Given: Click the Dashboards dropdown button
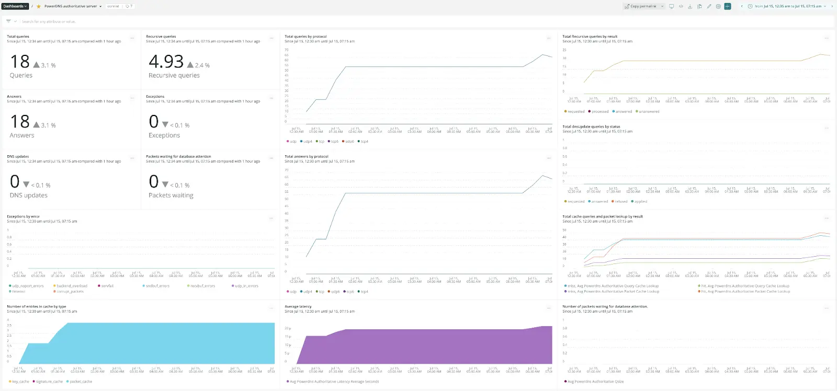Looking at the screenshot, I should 15,6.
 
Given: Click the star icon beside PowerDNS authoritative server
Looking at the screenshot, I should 39,6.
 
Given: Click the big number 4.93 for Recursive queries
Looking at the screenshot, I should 166,62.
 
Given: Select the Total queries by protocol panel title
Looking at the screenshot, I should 306,37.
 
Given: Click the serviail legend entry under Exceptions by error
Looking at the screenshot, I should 107,286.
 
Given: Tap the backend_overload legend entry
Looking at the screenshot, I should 72,286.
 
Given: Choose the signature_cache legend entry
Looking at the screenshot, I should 49,382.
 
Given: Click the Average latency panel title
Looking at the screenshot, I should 298,306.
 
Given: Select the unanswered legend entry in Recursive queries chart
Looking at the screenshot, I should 649,111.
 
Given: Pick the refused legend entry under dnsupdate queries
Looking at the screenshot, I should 621,201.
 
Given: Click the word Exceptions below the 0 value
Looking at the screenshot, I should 164,135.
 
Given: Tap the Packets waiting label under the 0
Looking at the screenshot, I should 171,195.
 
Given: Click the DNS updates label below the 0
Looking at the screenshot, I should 28,195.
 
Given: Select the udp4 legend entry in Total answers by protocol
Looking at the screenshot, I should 308,292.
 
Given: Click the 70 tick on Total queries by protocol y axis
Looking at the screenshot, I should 287,50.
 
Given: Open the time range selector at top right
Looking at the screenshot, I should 787,6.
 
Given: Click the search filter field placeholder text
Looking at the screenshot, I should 49,21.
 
